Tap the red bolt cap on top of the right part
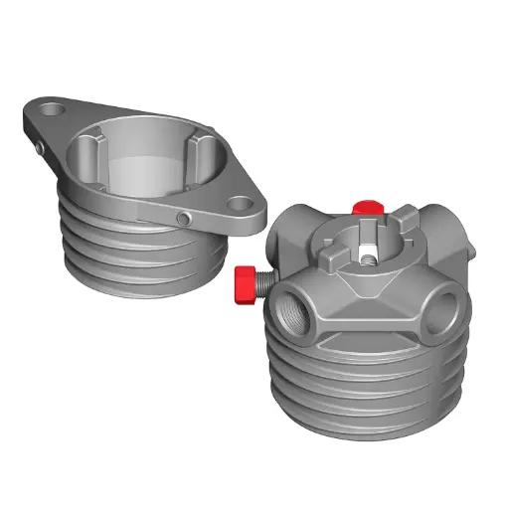tap(366, 207)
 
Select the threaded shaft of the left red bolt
tap(260, 282)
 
